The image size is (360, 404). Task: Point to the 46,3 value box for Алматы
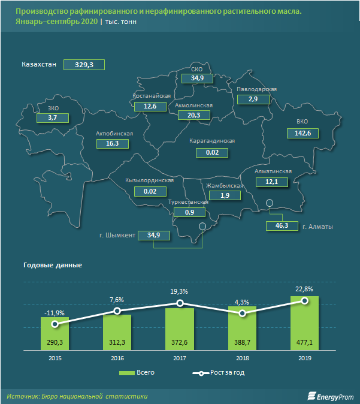click(282, 226)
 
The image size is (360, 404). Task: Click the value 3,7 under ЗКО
click(52, 119)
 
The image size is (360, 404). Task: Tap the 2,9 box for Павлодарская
click(253, 99)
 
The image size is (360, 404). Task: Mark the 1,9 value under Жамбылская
click(225, 196)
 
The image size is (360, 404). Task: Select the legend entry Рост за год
click(218, 373)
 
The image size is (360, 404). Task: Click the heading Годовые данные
click(53, 265)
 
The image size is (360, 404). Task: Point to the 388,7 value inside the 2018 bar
click(242, 342)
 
